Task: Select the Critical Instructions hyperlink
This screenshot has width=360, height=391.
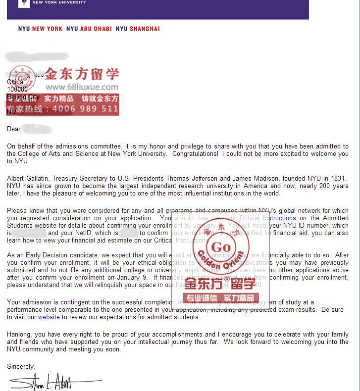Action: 267,218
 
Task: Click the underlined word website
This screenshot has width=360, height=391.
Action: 49,317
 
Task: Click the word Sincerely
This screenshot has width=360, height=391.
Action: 21,367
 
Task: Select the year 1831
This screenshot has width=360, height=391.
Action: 337,179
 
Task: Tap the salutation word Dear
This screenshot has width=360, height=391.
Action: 14,129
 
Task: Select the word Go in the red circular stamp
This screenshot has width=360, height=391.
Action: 221,247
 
